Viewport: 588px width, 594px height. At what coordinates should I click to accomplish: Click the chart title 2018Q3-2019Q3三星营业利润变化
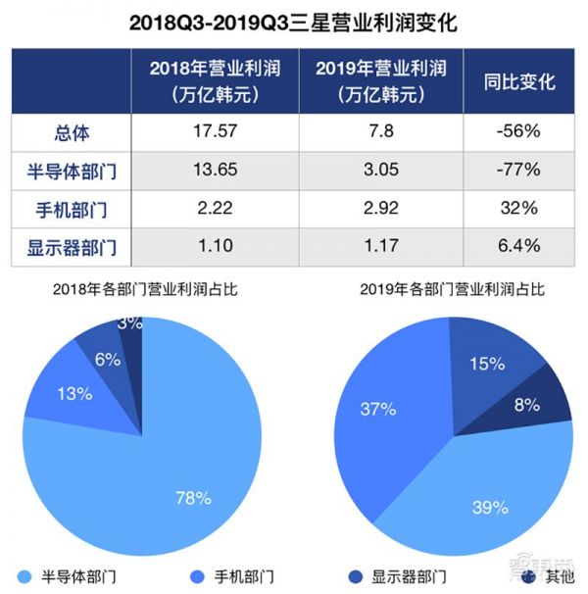click(x=293, y=22)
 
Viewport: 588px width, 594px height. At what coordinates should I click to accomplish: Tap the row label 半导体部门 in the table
click(x=72, y=171)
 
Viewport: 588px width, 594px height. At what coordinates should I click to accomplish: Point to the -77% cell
click(x=518, y=171)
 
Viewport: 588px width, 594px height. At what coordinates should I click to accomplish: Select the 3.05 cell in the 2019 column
click(x=380, y=171)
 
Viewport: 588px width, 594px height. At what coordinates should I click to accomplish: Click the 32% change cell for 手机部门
click(x=518, y=209)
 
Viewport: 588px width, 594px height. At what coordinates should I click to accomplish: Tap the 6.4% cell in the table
click(x=518, y=247)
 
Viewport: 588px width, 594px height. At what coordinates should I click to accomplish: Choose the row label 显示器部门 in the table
click(x=72, y=247)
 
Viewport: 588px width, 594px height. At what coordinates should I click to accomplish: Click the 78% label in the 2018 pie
click(x=193, y=498)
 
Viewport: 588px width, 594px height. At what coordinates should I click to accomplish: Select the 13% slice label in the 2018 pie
click(x=74, y=394)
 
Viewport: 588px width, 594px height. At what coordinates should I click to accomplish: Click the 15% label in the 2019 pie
click(x=486, y=364)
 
